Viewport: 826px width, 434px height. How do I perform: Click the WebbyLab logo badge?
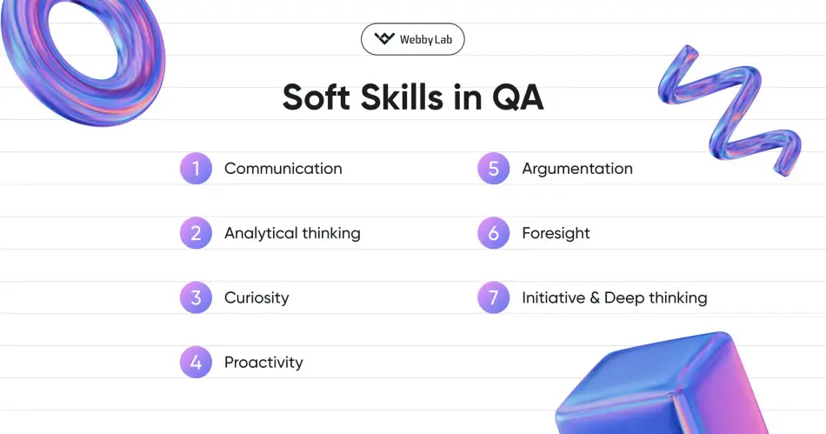[412, 39]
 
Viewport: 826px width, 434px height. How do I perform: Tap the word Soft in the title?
[322, 97]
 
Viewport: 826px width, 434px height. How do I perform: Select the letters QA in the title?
[517, 97]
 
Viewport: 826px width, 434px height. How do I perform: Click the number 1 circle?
[197, 169]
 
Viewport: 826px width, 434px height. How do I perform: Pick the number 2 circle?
[197, 233]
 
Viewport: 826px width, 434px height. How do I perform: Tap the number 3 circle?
[197, 297]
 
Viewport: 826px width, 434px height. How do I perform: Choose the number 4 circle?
[197, 362]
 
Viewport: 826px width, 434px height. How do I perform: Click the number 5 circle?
[494, 169]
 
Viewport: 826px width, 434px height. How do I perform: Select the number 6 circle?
[494, 233]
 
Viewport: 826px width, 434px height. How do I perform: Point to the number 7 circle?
[494, 297]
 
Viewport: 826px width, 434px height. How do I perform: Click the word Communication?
[283, 169]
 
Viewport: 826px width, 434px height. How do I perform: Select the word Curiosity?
[256, 297]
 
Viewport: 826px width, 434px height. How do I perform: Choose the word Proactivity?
[263, 362]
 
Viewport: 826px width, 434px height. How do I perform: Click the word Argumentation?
[577, 169]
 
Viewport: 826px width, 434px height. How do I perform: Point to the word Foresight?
[556, 233]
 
